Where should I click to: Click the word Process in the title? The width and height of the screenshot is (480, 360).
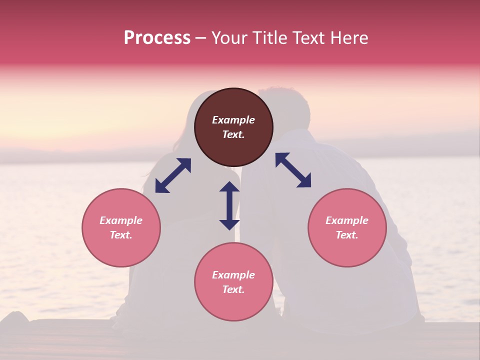tap(157, 38)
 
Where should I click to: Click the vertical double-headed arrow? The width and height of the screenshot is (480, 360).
tap(229, 205)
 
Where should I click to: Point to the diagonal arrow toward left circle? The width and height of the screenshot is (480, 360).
tap(173, 175)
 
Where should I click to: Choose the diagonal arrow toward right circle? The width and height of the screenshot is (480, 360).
tap(293, 170)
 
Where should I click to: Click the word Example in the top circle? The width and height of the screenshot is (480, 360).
tap(233, 120)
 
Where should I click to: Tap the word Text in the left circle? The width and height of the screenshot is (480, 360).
tap(121, 235)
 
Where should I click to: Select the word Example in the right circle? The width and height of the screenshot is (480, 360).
tap(347, 220)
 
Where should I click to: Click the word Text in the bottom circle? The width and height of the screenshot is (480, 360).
tap(233, 289)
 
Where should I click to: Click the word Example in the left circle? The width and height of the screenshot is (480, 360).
tap(121, 220)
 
